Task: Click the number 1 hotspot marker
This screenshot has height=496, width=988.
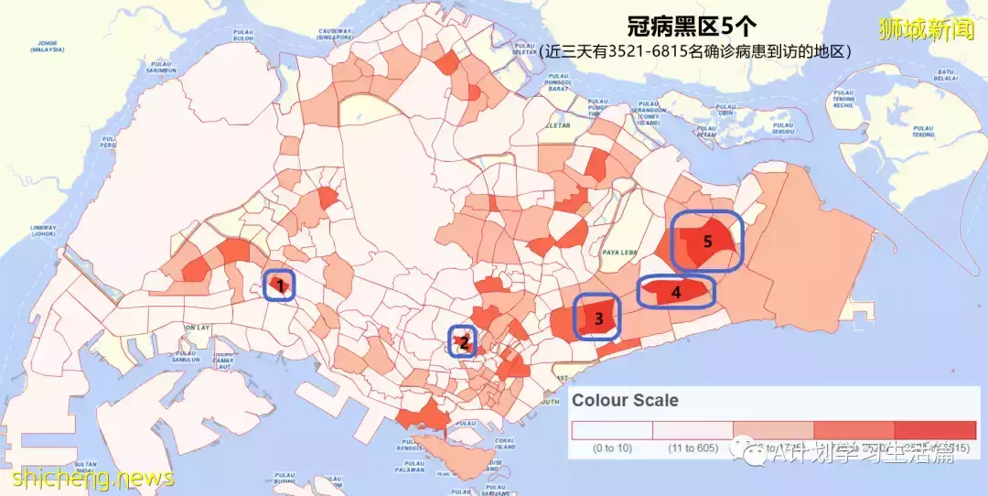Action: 280,286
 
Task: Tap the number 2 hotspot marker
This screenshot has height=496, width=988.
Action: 463,341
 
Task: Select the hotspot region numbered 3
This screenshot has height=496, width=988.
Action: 597,318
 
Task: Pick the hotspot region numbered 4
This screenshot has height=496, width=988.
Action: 676,292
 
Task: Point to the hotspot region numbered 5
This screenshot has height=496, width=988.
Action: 706,241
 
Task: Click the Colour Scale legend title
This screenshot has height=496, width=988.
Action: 626,400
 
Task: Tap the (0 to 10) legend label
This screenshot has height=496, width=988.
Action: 611,447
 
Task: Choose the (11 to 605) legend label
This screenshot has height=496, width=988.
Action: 692,447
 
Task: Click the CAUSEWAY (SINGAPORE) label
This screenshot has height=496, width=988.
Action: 335,36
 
